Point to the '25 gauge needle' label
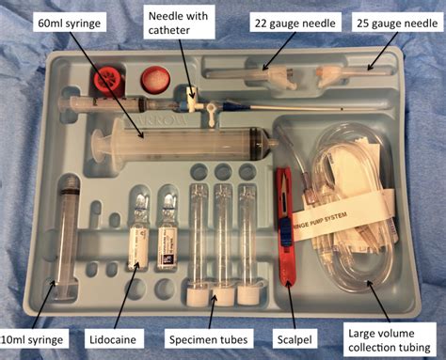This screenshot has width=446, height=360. (396, 22)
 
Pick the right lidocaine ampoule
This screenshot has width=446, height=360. (167, 230)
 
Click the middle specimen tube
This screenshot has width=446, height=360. (223, 235)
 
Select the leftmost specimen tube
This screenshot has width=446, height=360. (198, 235)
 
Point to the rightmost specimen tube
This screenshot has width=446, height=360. (248, 235)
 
